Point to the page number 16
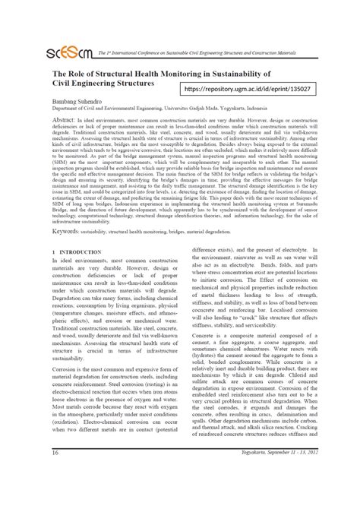tap(55, 496)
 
